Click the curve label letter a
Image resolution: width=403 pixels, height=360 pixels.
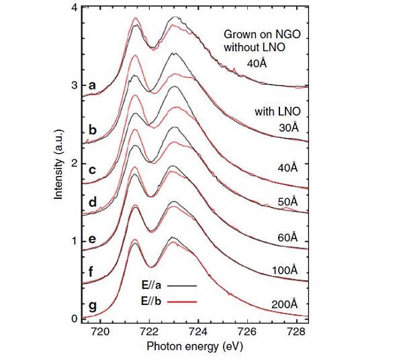tap(93, 85)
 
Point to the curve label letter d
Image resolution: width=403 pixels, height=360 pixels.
tap(93, 201)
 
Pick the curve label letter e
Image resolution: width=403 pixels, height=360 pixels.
tap(93, 239)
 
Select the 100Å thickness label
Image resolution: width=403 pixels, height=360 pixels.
tap(286, 271)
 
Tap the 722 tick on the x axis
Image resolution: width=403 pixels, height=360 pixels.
tap(149, 332)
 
